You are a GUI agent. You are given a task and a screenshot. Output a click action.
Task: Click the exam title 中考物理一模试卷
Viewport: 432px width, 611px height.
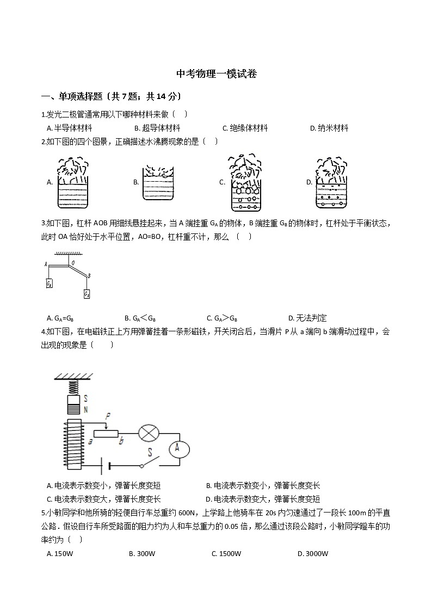(x=217, y=74)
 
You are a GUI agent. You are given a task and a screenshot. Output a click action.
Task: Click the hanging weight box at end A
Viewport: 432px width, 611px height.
(x=49, y=283)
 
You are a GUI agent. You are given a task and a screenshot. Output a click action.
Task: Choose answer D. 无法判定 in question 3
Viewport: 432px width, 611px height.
(x=307, y=318)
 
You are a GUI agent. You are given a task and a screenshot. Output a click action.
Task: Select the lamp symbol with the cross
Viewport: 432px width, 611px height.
(x=147, y=434)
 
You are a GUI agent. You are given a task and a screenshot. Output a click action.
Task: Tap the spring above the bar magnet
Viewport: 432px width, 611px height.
(x=73, y=387)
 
